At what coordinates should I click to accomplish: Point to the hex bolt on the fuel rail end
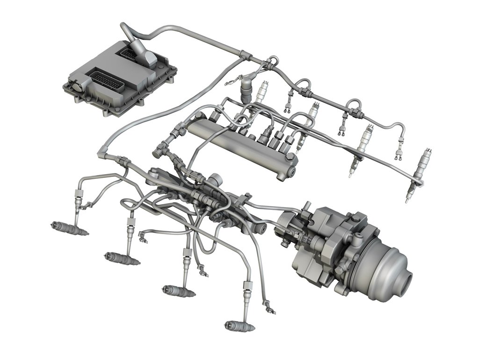[290, 173]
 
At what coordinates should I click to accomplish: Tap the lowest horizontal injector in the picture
[239, 325]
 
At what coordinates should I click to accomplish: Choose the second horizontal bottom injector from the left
[121, 258]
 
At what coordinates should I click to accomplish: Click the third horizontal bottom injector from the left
[178, 290]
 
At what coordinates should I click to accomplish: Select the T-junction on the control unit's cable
[243, 56]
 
